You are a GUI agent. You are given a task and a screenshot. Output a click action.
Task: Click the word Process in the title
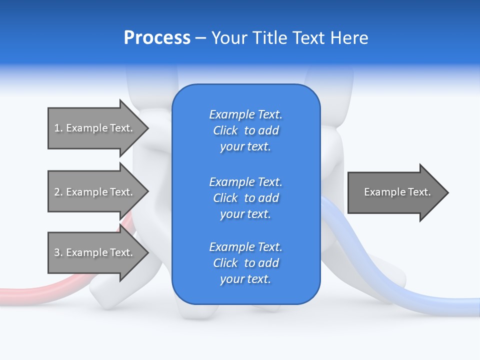(157, 38)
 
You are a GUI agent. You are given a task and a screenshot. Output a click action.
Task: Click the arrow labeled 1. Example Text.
(95, 128)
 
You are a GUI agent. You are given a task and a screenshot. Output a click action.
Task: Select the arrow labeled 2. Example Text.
(95, 192)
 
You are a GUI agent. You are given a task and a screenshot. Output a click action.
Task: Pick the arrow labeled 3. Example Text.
(95, 252)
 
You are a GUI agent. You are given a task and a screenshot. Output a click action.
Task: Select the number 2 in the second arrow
(57, 192)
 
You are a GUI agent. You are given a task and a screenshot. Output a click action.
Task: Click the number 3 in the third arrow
(57, 252)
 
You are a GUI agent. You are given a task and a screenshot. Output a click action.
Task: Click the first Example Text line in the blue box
(245, 114)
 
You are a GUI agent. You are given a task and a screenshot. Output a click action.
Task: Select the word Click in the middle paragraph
(225, 198)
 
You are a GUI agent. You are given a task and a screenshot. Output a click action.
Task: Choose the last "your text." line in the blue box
(245, 279)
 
